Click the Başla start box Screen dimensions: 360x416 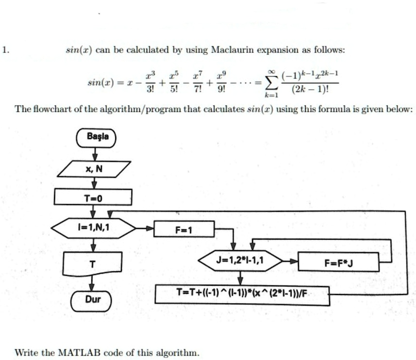[x=95, y=138]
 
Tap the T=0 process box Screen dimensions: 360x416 [x=93, y=197]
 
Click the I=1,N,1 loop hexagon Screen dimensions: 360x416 [x=93, y=227]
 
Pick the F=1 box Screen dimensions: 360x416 [x=184, y=229]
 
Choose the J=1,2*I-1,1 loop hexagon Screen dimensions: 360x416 [x=240, y=261]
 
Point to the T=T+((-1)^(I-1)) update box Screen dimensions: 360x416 [x=242, y=294]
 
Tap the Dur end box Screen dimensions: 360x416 [x=92, y=300]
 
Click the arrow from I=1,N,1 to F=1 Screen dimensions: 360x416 [x=144, y=228]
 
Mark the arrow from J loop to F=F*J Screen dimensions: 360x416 [x=290, y=261]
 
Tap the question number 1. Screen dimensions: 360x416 [x=4, y=50]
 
